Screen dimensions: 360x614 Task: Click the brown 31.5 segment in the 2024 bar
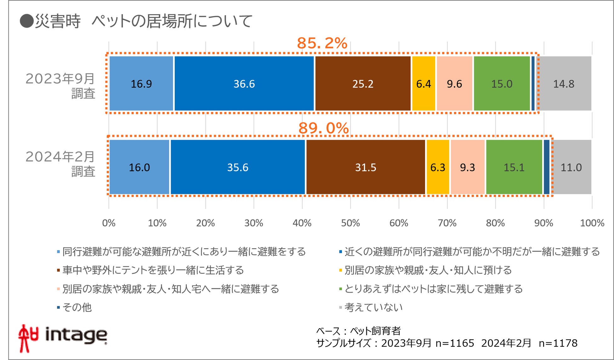tap(366, 167)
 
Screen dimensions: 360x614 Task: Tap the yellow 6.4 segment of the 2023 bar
tap(424, 84)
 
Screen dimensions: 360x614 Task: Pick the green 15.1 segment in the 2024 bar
tap(514, 167)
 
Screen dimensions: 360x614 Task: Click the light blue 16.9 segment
tap(141, 84)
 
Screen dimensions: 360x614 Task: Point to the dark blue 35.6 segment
tap(238, 167)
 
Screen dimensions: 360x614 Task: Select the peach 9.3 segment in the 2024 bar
tap(467, 167)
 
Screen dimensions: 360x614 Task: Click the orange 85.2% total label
tap(322, 43)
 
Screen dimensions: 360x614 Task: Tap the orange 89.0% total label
tap(323, 128)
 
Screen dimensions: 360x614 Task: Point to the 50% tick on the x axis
tap(350, 223)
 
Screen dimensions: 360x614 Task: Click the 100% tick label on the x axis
tap(592, 223)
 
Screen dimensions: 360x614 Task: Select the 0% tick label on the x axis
tap(109, 223)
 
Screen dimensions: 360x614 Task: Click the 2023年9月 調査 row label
tap(60, 86)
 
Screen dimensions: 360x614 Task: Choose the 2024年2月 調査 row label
tap(60, 164)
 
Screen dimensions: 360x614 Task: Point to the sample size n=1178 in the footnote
tap(558, 343)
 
